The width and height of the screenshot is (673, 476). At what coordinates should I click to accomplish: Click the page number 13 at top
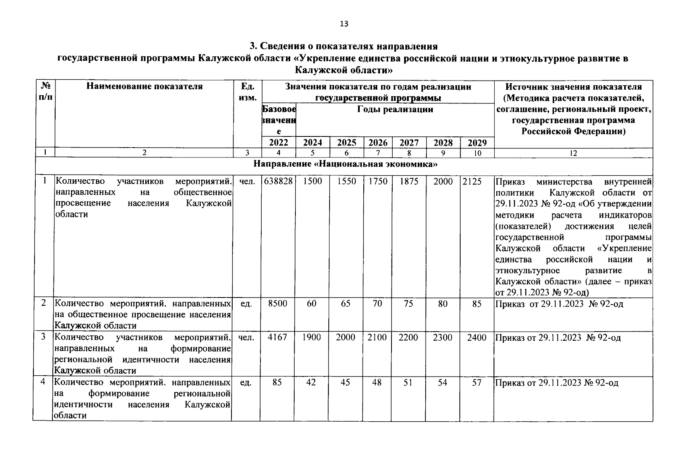[344, 24]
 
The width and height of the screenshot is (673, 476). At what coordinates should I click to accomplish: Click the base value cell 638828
[278, 181]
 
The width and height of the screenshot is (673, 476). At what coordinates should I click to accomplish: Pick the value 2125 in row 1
[472, 181]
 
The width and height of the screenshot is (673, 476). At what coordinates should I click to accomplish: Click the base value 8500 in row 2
[278, 303]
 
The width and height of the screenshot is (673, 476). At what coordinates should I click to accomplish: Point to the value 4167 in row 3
[278, 338]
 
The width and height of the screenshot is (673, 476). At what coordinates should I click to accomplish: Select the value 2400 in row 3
[477, 338]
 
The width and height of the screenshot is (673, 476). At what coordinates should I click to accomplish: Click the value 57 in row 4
[477, 382]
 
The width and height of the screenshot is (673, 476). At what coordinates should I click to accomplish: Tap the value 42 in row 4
[312, 382]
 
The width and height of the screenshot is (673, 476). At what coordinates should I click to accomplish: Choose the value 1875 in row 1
[409, 181]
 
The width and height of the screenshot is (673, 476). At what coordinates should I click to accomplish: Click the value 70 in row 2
[377, 303]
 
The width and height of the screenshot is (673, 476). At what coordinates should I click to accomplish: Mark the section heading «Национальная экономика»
[345, 164]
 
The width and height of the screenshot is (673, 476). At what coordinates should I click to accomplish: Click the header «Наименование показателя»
[145, 86]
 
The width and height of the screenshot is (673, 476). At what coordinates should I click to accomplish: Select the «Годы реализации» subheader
[395, 109]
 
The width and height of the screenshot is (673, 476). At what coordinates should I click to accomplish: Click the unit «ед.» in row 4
[246, 382]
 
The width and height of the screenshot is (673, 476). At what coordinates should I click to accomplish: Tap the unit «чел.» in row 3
[246, 338]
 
